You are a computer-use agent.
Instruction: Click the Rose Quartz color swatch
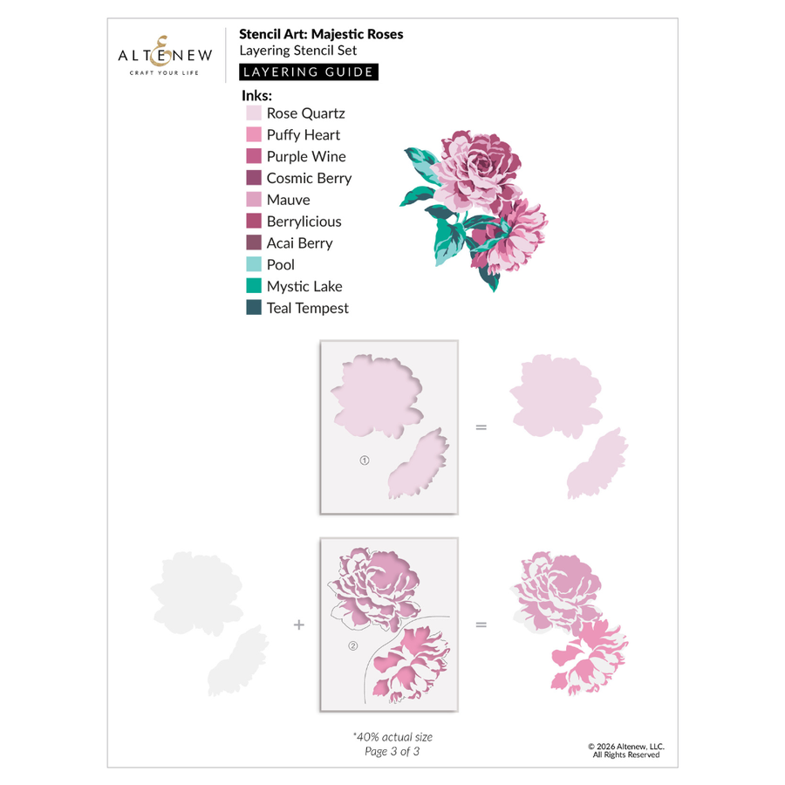(x=254, y=113)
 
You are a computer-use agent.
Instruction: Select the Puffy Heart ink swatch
(x=254, y=135)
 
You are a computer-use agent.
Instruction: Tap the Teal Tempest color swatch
(x=254, y=308)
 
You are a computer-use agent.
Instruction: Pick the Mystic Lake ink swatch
(x=254, y=286)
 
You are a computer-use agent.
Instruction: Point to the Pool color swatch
(x=254, y=264)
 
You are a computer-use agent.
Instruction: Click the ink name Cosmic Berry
(x=309, y=178)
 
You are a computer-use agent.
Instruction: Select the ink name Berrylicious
(x=304, y=222)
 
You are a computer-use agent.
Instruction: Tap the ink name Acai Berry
(x=299, y=243)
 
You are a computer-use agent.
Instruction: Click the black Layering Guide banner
(x=309, y=72)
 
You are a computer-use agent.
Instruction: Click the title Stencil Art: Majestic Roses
(x=321, y=35)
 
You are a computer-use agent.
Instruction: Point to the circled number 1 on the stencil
(x=365, y=461)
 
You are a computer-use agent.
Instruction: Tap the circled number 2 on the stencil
(x=353, y=646)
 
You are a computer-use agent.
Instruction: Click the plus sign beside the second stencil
(x=299, y=625)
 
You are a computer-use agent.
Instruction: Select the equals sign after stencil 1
(x=481, y=427)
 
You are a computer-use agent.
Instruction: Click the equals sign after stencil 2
(x=481, y=625)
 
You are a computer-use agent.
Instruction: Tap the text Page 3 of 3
(x=392, y=752)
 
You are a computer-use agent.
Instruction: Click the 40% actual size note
(x=392, y=737)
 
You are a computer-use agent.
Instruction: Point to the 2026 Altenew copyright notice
(x=626, y=750)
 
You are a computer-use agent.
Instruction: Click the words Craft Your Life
(x=158, y=72)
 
